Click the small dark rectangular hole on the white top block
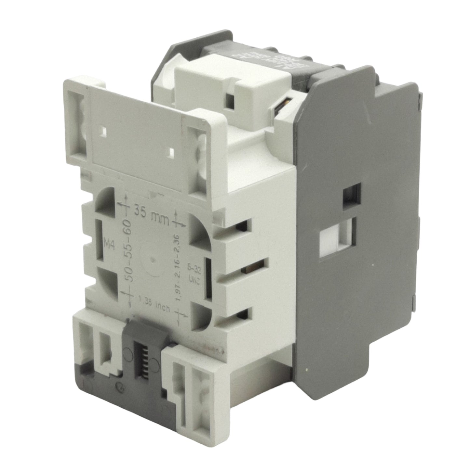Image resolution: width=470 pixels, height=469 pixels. click(230, 102)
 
